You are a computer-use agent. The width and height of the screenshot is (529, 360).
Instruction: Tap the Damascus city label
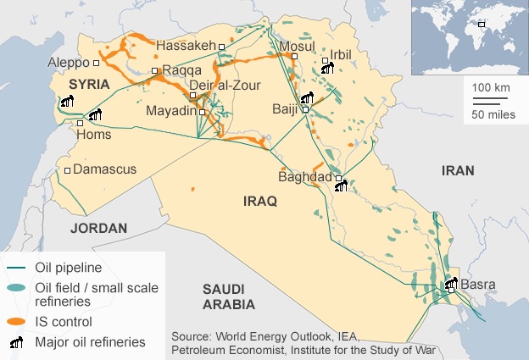coord(104,170)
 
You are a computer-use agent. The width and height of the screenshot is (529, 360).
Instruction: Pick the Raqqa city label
coord(179,70)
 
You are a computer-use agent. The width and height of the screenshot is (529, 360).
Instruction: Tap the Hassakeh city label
coord(188,47)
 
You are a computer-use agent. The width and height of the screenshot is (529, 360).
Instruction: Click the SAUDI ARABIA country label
coord(229,296)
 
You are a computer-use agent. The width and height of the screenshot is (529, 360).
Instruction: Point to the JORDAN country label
coord(98,229)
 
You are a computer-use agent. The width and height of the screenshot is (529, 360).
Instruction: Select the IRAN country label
coord(458,171)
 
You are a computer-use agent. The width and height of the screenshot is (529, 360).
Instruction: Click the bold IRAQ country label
coord(260,202)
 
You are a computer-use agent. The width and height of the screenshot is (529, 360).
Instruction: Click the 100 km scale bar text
coord(490,87)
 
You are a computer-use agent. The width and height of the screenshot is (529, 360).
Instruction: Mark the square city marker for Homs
coord(81,124)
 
